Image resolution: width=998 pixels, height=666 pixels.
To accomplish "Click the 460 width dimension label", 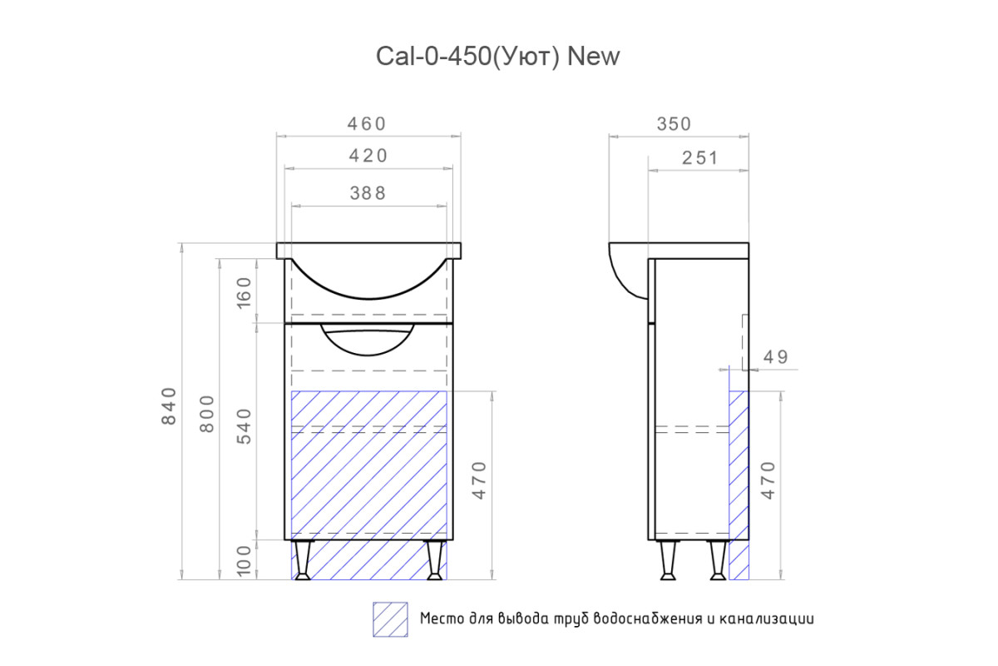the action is pyautogui.click(x=366, y=124).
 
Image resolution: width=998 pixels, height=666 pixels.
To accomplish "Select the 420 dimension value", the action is pyautogui.click(x=368, y=156).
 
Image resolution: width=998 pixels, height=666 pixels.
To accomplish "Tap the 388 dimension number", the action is pyautogui.click(x=368, y=193).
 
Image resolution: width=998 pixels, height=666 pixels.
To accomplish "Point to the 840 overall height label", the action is pyautogui.click(x=170, y=405).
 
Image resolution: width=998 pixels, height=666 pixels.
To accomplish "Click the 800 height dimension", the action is pyautogui.click(x=207, y=414).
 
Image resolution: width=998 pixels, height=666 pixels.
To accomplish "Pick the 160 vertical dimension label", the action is pyautogui.click(x=245, y=293).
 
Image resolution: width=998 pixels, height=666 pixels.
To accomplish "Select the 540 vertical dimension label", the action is pyautogui.click(x=245, y=426).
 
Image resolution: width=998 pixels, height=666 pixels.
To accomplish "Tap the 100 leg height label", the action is pyautogui.click(x=245, y=561).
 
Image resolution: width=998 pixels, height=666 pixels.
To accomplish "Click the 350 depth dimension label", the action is pyautogui.click(x=674, y=124).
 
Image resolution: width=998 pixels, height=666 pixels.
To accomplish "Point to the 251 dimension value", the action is pyautogui.click(x=700, y=158).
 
